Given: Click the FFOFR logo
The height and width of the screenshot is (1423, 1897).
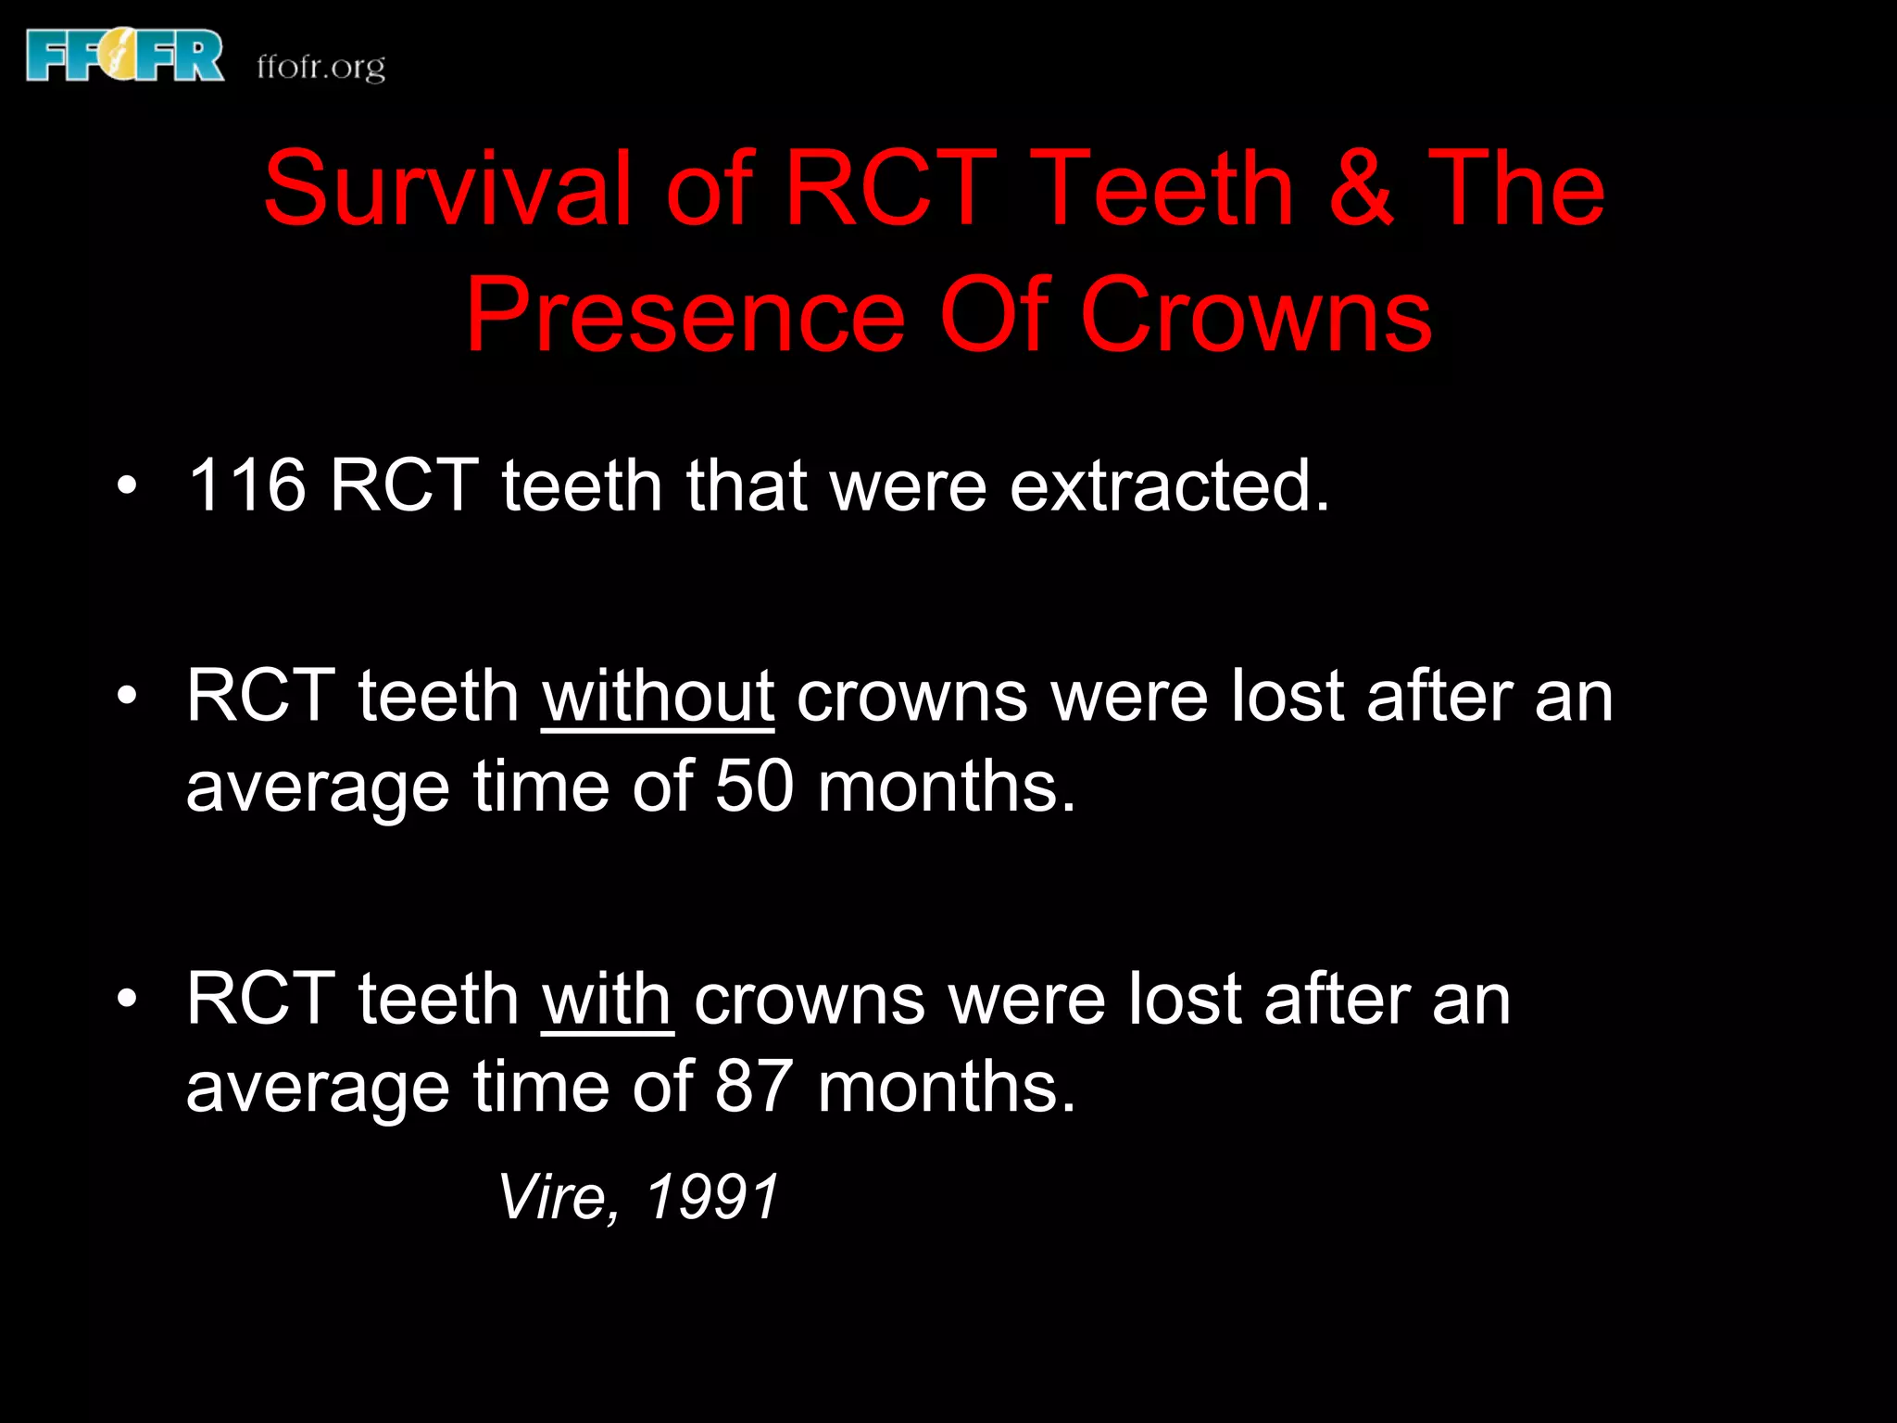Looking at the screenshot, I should click(x=125, y=56).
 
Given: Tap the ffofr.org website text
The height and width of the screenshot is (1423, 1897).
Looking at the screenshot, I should click(x=320, y=67).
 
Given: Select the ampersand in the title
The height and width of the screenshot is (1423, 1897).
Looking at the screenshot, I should click(x=1360, y=189).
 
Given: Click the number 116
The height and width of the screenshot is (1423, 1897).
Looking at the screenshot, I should click(x=246, y=485).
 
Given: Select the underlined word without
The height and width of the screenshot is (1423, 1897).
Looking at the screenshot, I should click(x=658, y=697).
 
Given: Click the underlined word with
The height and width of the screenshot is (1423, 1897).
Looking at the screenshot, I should click(x=607, y=1000).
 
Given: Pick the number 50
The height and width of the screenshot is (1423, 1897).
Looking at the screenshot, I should click(x=754, y=787).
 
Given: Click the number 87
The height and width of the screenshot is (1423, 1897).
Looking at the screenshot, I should click(x=754, y=1087).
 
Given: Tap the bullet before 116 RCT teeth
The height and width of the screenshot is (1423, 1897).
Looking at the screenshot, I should click(x=127, y=485).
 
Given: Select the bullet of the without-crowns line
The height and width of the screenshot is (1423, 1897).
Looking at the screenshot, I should click(x=127, y=696).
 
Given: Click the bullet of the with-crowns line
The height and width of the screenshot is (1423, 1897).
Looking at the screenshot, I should click(x=127, y=998).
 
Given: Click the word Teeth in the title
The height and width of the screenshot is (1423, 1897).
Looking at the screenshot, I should click(x=1162, y=189).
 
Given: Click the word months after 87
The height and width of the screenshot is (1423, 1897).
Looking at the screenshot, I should click(x=946, y=1087).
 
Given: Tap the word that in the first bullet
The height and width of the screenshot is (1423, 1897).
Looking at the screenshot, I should click(x=747, y=485).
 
